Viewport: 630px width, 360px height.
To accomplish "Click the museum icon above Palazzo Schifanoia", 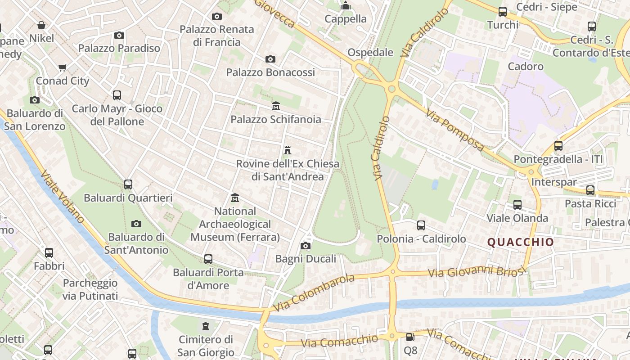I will [x=276, y=106].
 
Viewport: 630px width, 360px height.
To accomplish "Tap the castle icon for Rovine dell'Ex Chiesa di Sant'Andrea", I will [x=288, y=150].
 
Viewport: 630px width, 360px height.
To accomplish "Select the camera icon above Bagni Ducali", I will [x=306, y=246].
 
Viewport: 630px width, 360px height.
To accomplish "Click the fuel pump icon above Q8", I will [x=410, y=337].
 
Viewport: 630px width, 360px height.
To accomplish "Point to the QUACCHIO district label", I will [x=521, y=242].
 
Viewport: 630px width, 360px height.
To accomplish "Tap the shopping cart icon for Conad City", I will [x=63, y=68].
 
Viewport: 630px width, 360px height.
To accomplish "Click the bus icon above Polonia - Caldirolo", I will [x=421, y=225].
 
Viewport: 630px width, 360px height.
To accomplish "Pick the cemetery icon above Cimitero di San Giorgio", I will [x=206, y=326].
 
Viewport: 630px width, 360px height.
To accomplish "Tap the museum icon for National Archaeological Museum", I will [x=234, y=198].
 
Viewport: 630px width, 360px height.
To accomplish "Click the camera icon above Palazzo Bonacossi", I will [x=270, y=59].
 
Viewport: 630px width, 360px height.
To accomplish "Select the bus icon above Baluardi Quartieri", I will [x=128, y=184].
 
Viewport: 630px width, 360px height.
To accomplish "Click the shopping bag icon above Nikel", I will [x=41, y=25].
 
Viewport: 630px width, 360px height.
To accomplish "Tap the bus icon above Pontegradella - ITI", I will [x=558, y=146].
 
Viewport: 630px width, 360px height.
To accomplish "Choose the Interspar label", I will [x=553, y=182].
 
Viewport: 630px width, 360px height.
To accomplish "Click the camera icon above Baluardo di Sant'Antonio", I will [x=136, y=224].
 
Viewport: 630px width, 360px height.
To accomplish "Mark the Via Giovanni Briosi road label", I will [x=477, y=271].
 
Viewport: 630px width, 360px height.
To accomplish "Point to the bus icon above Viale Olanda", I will [x=517, y=205].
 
